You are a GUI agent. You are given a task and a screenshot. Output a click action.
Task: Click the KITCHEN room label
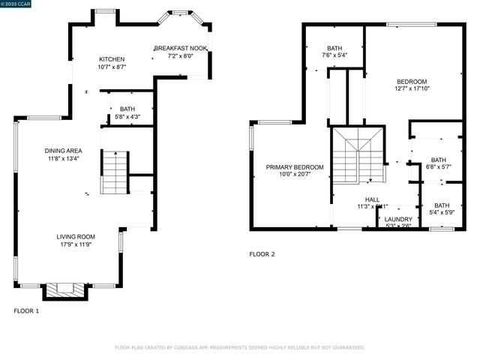coord(112,59)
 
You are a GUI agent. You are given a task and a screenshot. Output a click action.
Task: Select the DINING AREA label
coord(63,150)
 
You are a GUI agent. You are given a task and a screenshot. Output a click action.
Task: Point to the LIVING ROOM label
coord(76,237)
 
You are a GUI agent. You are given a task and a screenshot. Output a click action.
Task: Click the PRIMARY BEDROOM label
coord(295,166)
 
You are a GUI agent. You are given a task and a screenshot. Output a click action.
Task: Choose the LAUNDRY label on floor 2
coord(398,219)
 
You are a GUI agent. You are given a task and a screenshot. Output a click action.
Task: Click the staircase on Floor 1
coord(115,172)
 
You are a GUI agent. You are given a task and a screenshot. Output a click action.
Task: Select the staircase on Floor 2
coord(358,155)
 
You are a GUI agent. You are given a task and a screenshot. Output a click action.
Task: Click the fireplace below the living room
coord(66,289)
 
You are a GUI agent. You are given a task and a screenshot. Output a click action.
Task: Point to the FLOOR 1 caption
coord(26,310)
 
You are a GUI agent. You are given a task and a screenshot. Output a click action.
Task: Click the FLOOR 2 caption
coord(262,254)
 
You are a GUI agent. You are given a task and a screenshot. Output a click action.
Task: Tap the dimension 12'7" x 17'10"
coord(412,88)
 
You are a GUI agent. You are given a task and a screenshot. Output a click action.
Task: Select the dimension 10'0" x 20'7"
coord(295,174)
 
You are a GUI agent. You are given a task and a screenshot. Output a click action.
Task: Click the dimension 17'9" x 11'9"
coord(76,244)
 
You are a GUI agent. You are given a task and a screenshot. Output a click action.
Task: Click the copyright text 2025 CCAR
coord(19,4)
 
